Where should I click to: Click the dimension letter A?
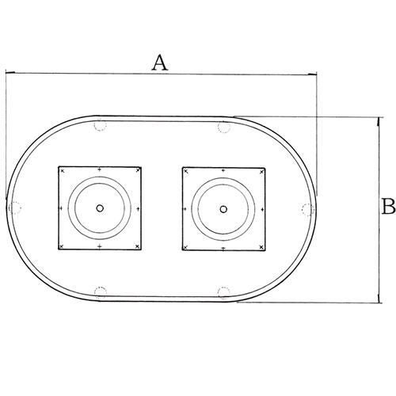[x=160, y=63]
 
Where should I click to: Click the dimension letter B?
[x=389, y=206]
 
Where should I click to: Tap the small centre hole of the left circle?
[x=100, y=208]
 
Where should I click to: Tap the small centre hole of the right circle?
[x=223, y=209]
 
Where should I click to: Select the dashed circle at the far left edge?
[x=15, y=208]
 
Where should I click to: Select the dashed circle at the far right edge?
[x=308, y=210]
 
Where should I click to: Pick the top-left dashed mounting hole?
[x=101, y=125]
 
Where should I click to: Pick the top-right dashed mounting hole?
[x=224, y=127]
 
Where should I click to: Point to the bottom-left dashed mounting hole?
[x=101, y=292]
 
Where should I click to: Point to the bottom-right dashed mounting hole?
[x=224, y=293]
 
